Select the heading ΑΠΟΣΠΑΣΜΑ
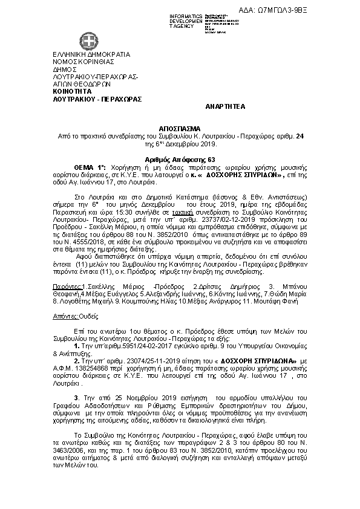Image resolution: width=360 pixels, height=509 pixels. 180,129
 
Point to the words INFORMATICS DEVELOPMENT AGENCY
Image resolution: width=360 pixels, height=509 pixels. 186,21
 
